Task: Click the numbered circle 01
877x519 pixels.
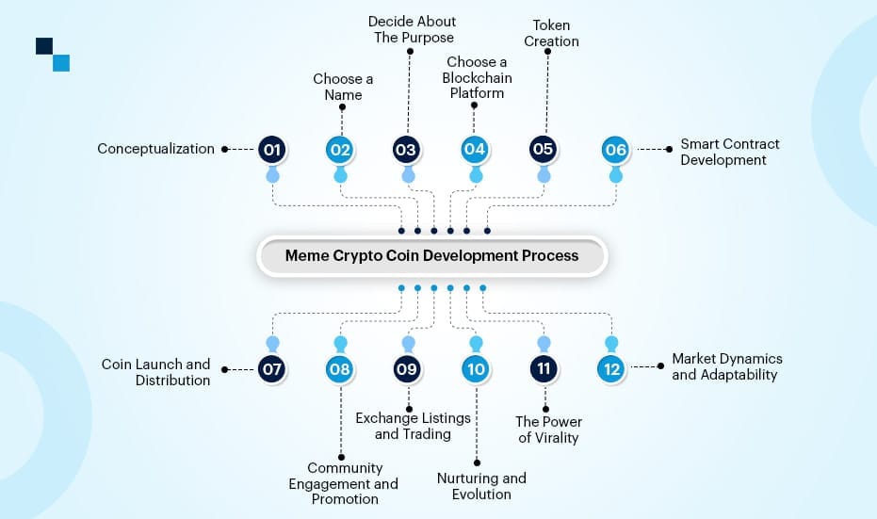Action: [272, 149]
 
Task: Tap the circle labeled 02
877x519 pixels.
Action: [340, 149]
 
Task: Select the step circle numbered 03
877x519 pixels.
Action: [406, 149]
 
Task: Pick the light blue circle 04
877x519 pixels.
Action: [474, 149]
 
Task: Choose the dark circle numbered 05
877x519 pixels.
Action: [543, 149]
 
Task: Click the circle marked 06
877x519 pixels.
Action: [615, 149]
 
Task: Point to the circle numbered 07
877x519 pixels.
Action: [272, 369]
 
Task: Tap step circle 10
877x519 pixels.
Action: [475, 369]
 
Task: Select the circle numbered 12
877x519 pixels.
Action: [612, 369]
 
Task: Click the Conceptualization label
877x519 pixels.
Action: [155, 149]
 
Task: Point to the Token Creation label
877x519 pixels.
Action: [551, 34]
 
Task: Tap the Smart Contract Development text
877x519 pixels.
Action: [730, 152]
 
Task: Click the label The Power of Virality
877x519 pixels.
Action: [548, 429]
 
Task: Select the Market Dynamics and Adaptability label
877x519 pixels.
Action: [726, 366]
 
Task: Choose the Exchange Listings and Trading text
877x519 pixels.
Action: [413, 426]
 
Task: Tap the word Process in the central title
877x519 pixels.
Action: [551, 255]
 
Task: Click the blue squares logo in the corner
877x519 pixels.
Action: [53, 54]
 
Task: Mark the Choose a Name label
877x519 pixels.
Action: [343, 87]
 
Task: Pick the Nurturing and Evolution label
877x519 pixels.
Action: [481, 486]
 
